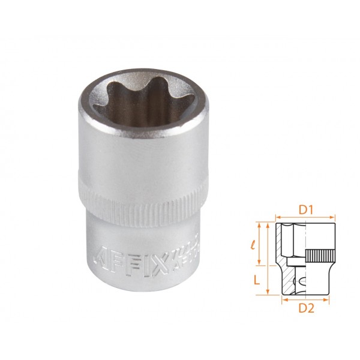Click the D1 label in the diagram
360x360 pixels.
[x=306, y=211]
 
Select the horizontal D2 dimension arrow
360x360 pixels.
[x=306, y=298]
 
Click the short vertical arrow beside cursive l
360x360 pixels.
[x=260, y=244]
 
